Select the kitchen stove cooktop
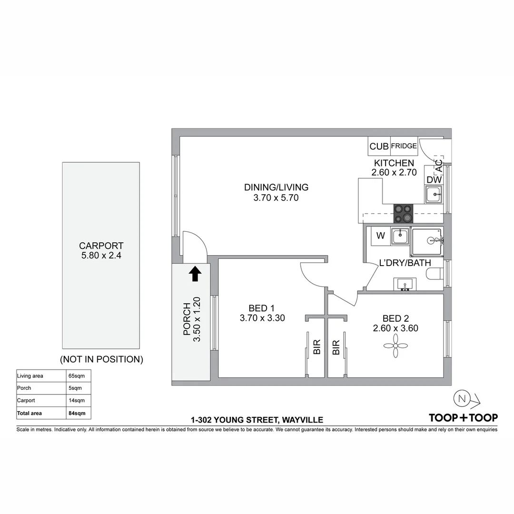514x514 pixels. pyautogui.click(x=402, y=214)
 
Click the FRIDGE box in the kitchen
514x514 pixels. pyautogui.click(x=404, y=146)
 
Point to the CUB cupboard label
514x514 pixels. pyautogui.click(x=379, y=147)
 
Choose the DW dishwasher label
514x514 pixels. pyautogui.click(x=434, y=180)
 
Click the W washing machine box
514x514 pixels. pyautogui.click(x=381, y=236)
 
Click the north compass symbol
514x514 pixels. pyautogui.click(x=460, y=399)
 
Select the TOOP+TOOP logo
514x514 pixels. pyautogui.click(x=463, y=417)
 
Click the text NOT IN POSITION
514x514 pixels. pyautogui.click(x=101, y=359)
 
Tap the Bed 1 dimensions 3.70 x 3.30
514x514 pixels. pyautogui.click(x=262, y=318)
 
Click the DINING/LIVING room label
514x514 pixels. pyautogui.click(x=276, y=187)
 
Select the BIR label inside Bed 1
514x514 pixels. pyautogui.click(x=317, y=347)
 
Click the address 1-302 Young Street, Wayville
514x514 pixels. pyautogui.click(x=257, y=420)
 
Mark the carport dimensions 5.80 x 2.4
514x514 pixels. pyautogui.click(x=101, y=256)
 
